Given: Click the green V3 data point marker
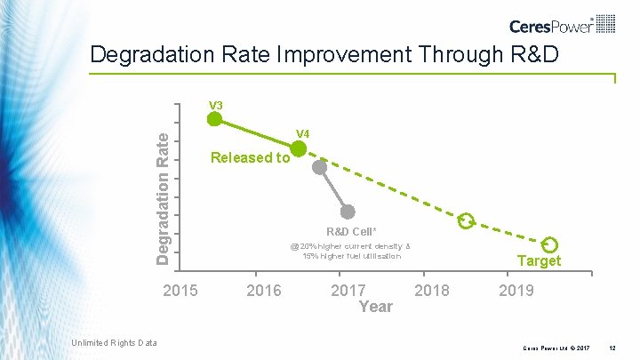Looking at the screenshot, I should tap(214, 119).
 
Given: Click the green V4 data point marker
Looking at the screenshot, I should tap(300, 148).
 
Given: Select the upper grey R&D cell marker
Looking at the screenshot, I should tap(319, 167).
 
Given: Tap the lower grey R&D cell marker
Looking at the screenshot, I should tap(348, 212).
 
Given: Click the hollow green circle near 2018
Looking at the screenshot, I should tap(466, 220).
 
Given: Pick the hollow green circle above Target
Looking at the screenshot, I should tap(550, 244).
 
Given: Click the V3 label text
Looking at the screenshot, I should tap(216, 106).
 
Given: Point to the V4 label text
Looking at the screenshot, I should tap(303, 134).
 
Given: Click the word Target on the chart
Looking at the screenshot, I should tap(540, 261).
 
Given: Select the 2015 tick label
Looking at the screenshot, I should tap(180, 291).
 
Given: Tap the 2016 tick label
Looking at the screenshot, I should tap(264, 291).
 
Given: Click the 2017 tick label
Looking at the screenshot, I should tap(348, 291).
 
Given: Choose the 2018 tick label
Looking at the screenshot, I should tap(432, 291).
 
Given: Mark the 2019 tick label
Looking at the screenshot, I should tap(516, 291).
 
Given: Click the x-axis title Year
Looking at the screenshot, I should tap(375, 307).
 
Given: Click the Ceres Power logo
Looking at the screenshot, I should tap(562, 26).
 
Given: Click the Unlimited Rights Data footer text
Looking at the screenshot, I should tap(114, 343).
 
